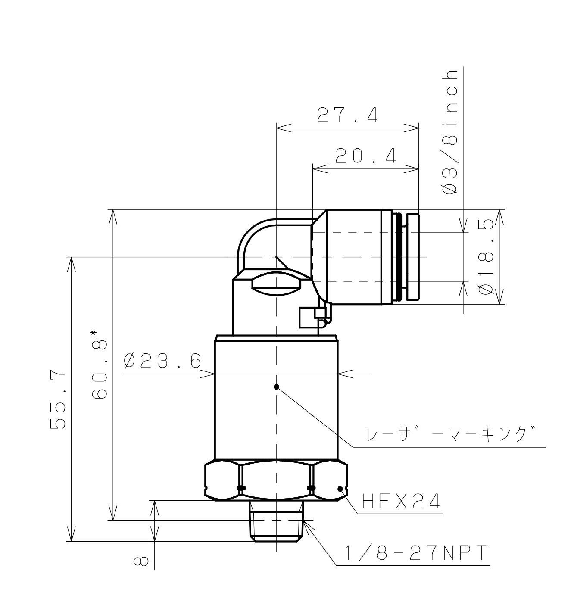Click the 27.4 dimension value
(347, 115)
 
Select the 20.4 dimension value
(365, 156)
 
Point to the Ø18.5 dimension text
(486, 257)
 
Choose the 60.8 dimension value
(100, 369)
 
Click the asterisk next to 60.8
(93, 333)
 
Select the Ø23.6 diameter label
(162, 361)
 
